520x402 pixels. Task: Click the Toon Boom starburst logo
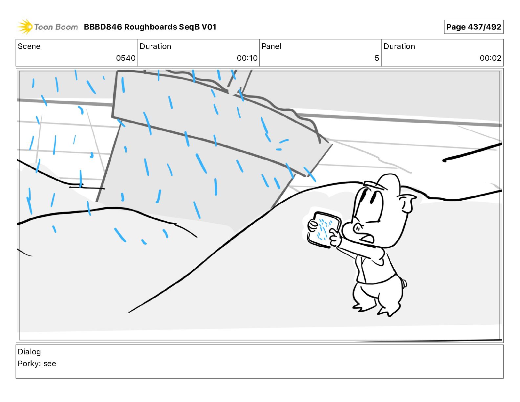click(25, 27)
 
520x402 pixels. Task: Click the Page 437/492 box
click(474, 27)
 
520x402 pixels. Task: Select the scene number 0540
click(126, 58)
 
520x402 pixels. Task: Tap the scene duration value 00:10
click(247, 58)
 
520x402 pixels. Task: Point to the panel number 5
click(377, 58)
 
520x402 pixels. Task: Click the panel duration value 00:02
click(490, 58)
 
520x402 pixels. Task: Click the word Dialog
click(29, 352)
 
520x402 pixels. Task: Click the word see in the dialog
click(50, 364)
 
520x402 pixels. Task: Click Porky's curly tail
click(404, 283)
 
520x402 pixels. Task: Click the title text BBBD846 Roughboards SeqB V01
click(150, 27)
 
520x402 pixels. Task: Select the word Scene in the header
click(29, 46)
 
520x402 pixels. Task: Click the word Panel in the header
click(271, 46)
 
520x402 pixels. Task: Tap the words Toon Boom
click(56, 27)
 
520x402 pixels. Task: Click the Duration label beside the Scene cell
click(155, 46)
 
